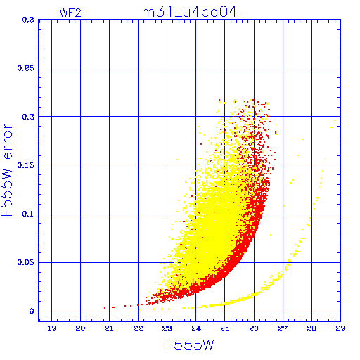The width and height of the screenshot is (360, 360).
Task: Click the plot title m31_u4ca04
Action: (x=190, y=12)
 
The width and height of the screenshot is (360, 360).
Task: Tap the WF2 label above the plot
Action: (x=70, y=13)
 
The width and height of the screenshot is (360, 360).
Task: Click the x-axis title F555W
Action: (x=190, y=345)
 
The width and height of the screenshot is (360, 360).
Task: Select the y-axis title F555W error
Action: (x=6, y=170)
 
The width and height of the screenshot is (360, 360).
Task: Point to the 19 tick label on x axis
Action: (x=51, y=328)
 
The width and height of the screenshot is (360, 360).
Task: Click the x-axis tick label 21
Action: (x=109, y=328)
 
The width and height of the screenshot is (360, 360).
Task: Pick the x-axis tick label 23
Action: (x=167, y=328)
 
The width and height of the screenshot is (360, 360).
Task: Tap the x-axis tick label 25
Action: (x=225, y=328)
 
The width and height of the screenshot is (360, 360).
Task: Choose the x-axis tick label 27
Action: (x=283, y=328)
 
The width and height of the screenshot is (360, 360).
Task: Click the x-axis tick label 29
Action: (x=340, y=328)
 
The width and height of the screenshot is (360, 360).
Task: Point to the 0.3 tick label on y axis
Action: (x=28, y=20)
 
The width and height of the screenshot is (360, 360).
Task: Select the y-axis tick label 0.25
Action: (x=26, y=68)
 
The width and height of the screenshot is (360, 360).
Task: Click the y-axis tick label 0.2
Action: (x=28, y=117)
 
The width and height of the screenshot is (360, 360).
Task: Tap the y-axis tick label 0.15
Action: (x=26, y=165)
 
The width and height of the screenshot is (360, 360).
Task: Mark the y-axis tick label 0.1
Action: (x=28, y=214)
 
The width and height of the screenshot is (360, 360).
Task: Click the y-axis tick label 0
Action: (x=32, y=311)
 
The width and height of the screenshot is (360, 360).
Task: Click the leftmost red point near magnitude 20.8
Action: (x=105, y=308)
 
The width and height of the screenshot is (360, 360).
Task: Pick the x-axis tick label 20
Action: (x=80, y=328)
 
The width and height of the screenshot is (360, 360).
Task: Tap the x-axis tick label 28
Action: (x=311, y=328)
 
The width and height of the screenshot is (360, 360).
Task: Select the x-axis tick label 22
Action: (x=138, y=328)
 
